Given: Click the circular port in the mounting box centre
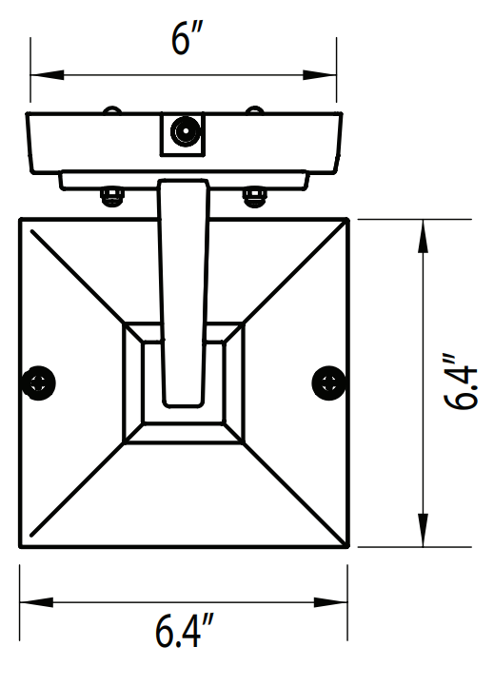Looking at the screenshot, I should tap(183, 131).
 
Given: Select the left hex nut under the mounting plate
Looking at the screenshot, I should tap(112, 197).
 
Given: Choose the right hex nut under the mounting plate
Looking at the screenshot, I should tap(253, 197).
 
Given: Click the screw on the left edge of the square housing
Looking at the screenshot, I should tap(38, 382).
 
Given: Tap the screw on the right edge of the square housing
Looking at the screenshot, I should tap(328, 382).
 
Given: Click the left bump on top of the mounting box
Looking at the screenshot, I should tap(112, 110).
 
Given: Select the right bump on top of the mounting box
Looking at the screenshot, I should tap(253, 110).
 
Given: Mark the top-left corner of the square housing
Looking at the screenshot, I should tap(21, 220).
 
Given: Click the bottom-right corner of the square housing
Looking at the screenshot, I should tap(347, 546).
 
